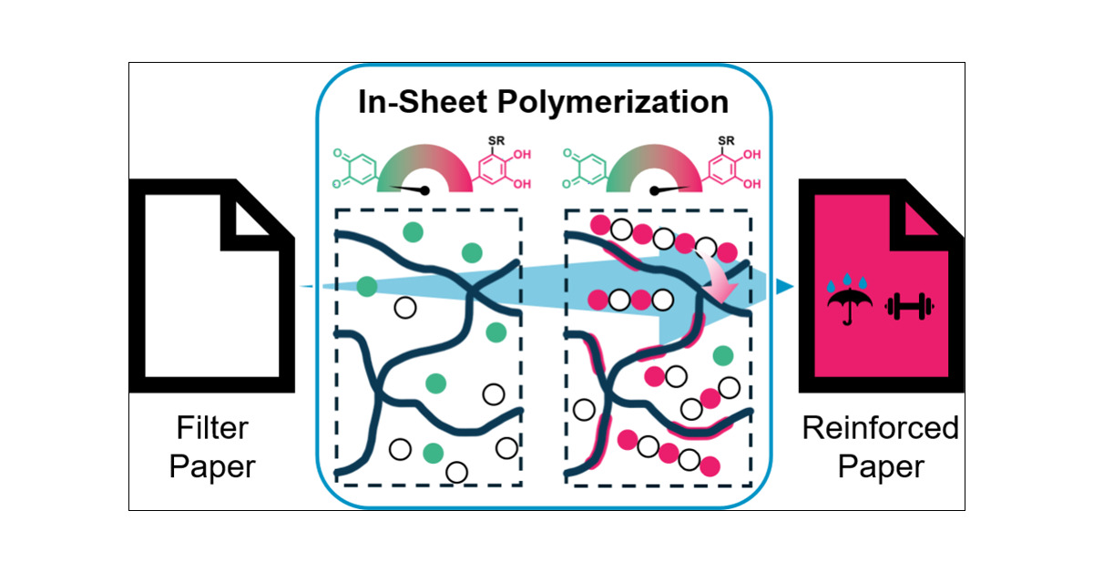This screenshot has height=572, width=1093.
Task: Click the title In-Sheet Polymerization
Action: (544, 101)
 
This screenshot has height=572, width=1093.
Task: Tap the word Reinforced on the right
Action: (880, 428)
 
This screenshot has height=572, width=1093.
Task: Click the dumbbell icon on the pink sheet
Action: (911, 307)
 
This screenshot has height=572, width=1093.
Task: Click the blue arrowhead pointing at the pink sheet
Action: (783, 288)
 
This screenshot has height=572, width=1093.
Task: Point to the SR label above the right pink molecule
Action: (729, 141)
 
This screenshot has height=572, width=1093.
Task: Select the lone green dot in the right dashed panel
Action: (724, 354)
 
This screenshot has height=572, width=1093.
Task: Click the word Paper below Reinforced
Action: (880, 467)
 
